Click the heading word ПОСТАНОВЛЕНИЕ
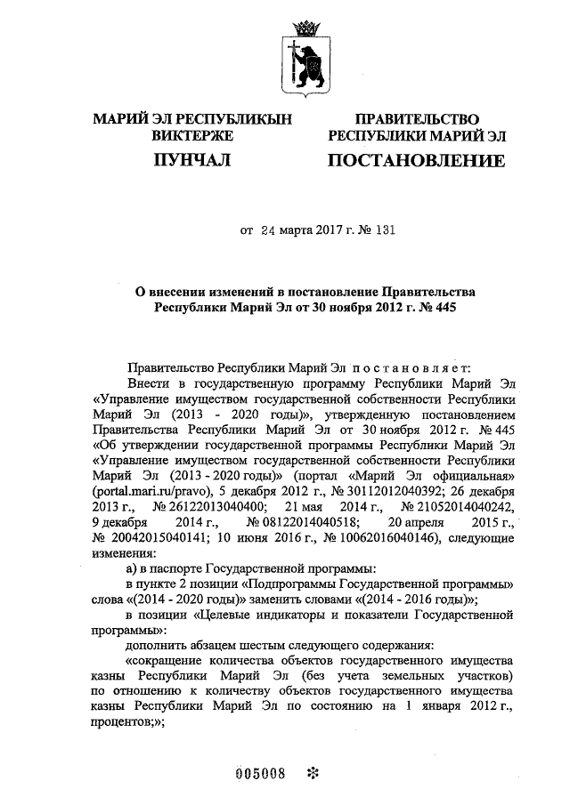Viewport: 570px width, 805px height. [x=417, y=161]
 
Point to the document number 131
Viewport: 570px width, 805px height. [x=382, y=229]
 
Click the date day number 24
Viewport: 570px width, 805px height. [x=269, y=229]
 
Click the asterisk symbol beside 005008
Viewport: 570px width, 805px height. [x=312, y=772]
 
